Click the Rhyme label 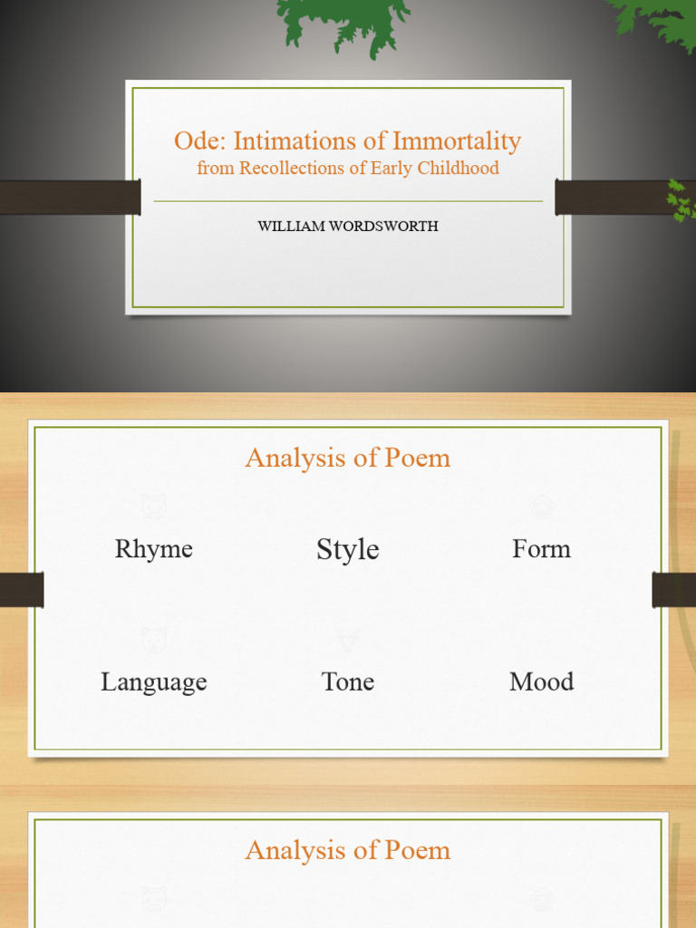[x=154, y=549]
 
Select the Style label [x=348, y=549]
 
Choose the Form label [x=541, y=549]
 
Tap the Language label [x=154, y=681]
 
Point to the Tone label [x=348, y=681]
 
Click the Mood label [x=541, y=681]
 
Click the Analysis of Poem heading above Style [x=348, y=458]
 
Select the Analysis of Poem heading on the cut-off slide [x=348, y=850]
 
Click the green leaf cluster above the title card [x=343, y=23]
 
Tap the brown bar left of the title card [x=69, y=198]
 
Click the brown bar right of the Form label [x=673, y=590]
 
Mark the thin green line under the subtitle [x=348, y=201]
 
